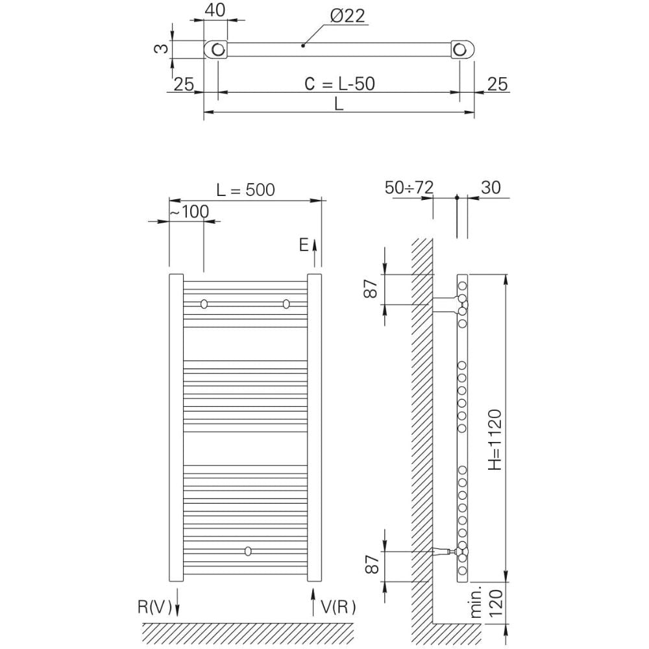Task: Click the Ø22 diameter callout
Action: pyautogui.click(x=348, y=16)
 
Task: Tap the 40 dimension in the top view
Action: pyautogui.click(x=215, y=10)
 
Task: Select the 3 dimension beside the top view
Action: pyautogui.click(x=162, y=49)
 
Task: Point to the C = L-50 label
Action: pyautogui.click(x=340, y=84)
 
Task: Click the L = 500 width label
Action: pyautogui.click(x=245, y=190)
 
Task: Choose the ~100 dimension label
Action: pyautogui.click(x=189, y=212)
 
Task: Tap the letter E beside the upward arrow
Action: pyautogui.click(x=304, y=245)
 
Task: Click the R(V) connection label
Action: pyautogui.click(x=155, y=607)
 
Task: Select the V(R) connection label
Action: pyautogui.click(x=338, y=607)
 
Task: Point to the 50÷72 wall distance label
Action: pyautogui.click(x=409, y=188)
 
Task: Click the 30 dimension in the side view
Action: pyautogui.click(x=491, y=188)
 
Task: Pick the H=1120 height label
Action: pyautogui.click(x=495, y=439)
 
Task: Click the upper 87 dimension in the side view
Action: pyautogui.click(x=371, y=289)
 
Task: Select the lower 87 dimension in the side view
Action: pyautogui.click(x=372, y=564)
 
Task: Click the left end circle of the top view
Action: pyautogui.click(x=217, y=50)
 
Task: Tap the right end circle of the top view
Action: pyautogui.click(x=459, y=50)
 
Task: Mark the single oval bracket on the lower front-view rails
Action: pyautogui.click(x=247, y=551)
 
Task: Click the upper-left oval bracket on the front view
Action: pyautogui.click(x=204, y=304)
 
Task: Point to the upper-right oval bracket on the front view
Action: pyautogui.click(x=286, y=304)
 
